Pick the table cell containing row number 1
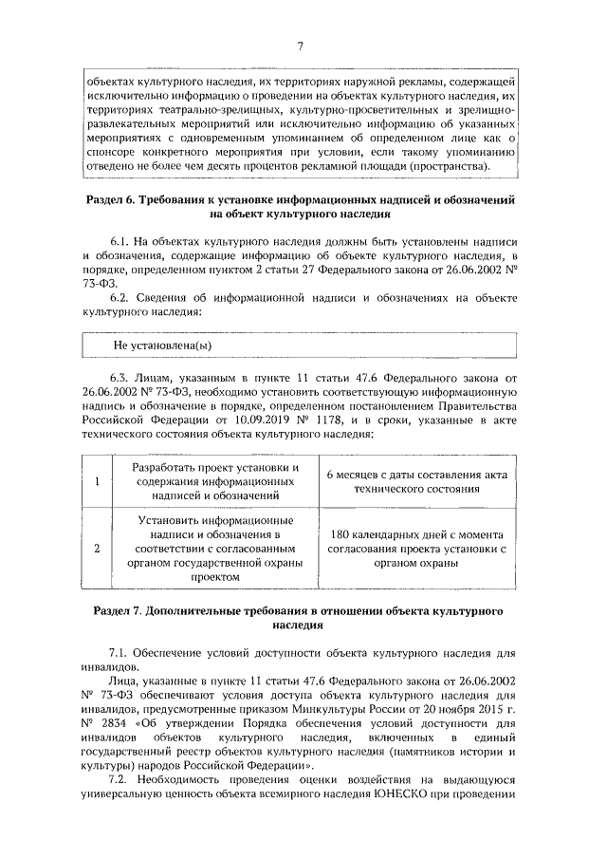tap(97, 481)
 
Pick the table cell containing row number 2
tap(97, 548)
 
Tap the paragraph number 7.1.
tap(120, 653)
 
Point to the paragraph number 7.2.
tap(120, 778)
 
